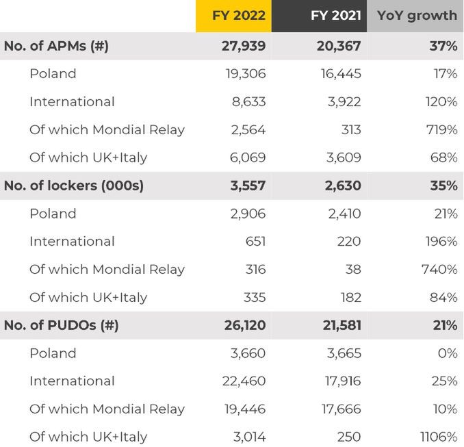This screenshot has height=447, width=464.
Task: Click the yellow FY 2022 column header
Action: [233, 16]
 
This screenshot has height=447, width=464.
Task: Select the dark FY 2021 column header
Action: [319, 16]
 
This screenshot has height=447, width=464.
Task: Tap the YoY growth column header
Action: [415, 16]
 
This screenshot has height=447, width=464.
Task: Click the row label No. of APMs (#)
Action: [56, 46]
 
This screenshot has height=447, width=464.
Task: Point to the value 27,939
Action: [239, 46]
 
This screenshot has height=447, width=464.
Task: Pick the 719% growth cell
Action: [439, 129]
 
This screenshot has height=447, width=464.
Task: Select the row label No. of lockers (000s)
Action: [74, 186]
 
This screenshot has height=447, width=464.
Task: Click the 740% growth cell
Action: [439, 269]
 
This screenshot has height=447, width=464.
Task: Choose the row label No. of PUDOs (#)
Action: [61, 325]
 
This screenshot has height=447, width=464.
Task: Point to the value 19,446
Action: [244, 409]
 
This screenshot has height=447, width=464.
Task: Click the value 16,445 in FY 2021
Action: [340, 74]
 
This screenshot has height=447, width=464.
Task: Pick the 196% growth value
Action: [439, 241]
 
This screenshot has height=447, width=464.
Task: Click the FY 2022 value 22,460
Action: [243, 381]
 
